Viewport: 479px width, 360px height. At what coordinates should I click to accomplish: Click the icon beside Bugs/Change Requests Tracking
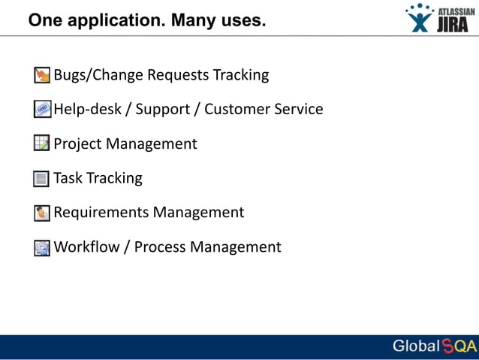(42, 75)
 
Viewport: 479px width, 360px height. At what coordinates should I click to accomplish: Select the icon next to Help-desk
(42, 110)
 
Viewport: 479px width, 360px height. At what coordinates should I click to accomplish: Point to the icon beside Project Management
(42, 144)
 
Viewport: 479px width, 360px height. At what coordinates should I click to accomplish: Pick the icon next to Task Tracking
(42, 179)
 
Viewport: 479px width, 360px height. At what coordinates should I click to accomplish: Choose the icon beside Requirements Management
(42, 213)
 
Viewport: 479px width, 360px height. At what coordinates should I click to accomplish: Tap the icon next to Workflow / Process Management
(42, 247)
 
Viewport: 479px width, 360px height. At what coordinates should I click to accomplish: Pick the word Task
(68, 178)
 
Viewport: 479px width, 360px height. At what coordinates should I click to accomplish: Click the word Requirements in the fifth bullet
(101, 213)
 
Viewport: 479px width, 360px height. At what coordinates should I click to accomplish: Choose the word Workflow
(86, 247)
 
